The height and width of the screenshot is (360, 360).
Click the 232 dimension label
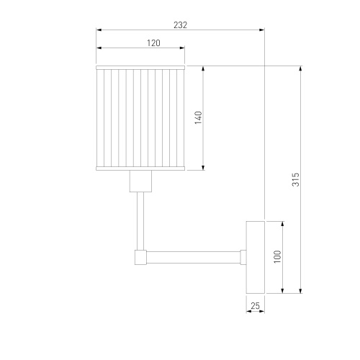click(180, 25)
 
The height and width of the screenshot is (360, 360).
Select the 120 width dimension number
click(153, 43)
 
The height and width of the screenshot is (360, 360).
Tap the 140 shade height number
click(198, 117)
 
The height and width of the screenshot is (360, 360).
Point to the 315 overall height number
click(296, 179)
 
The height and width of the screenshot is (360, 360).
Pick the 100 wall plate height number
click(277, 256)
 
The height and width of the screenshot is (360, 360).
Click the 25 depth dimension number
click(255, 306)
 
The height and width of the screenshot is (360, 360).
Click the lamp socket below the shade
click(140, 181)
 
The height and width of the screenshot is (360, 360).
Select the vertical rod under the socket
click(140, 221)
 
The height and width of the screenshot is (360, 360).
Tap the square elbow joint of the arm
click(140, 258)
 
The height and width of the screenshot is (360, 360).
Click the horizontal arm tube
click(194, 258)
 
